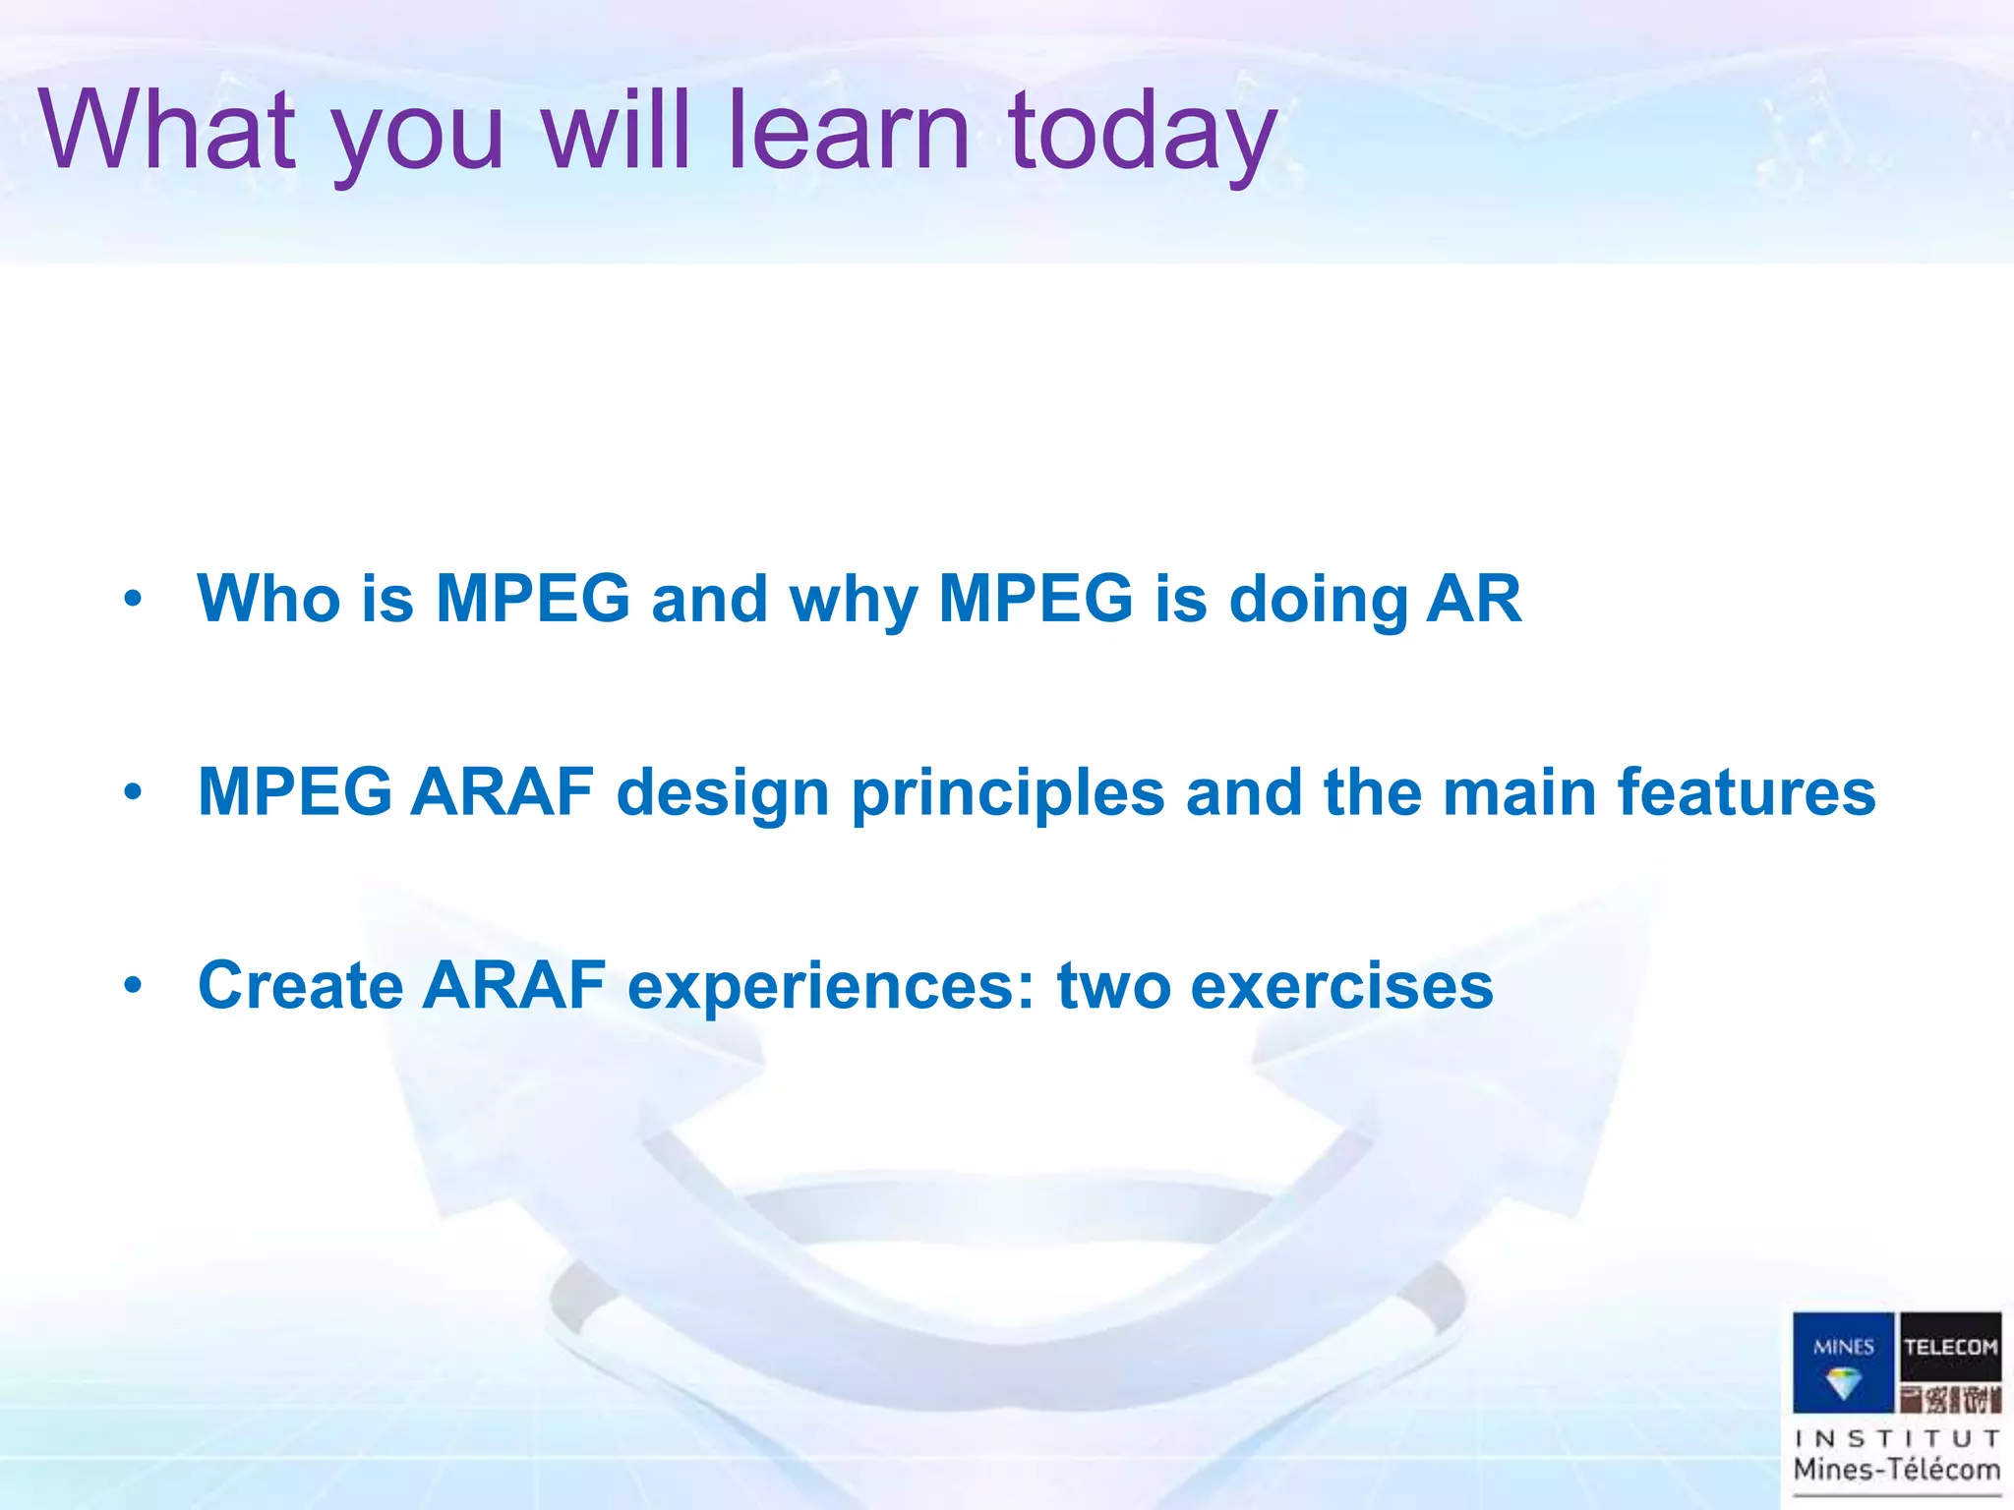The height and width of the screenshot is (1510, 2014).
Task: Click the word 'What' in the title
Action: pos(167,130)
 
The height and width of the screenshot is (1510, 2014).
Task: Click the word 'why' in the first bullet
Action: pos(854,602)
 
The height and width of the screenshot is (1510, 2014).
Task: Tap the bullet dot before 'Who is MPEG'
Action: pos(134,598)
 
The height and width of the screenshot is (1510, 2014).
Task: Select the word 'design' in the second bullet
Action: pos(723,794)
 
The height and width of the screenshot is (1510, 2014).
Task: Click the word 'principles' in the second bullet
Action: pos(1008,794)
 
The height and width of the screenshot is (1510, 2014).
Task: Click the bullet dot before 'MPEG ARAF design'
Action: pos(134,790)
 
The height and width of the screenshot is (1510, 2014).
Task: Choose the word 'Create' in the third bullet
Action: pos(300,985)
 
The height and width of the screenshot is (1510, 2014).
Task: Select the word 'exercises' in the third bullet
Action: pos(1341,985)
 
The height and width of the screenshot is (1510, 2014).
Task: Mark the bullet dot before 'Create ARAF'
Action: pos(134,983)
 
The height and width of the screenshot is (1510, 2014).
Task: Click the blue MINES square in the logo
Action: pos(1843,1363)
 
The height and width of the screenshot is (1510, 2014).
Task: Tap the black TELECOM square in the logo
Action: pos(1950,1347)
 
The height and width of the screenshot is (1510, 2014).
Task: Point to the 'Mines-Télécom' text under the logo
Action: pos(1897,1470)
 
